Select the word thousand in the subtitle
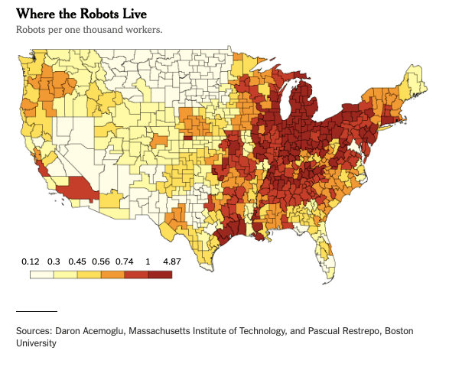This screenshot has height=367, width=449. (108, 30)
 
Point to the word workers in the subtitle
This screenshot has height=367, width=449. (144, 30)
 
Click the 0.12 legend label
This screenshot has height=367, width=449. (30, 261)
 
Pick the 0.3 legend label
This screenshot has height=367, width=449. (54, 261)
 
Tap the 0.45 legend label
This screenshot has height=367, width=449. (77, 261)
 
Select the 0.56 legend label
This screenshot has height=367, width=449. (101, 261)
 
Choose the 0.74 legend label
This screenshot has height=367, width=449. (125, 261)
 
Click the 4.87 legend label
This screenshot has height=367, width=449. (171, 261)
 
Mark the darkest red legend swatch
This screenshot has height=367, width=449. (160, 274)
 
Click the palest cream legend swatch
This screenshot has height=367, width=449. (42, 274)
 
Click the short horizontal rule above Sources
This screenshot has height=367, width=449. (37, 311)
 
